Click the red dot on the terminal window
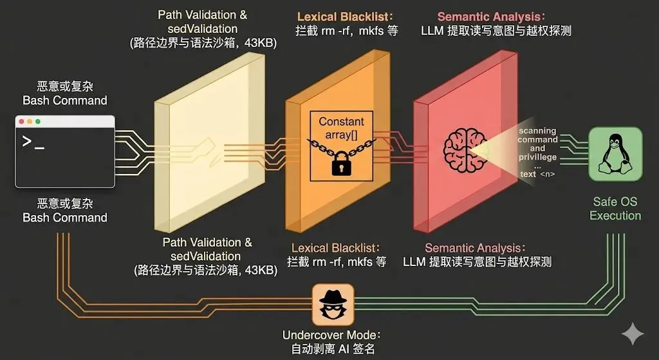pos(21,122)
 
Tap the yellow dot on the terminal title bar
pos(29,122)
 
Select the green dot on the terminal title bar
pos(37,122)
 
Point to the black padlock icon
pos(341,164)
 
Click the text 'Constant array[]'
pos(341,127)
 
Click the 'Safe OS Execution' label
pos(615,209)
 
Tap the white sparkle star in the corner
pos(633,334)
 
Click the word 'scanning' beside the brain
pos(537,131)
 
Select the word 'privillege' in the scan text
pos(537,157)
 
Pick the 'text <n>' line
pos(537,173)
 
